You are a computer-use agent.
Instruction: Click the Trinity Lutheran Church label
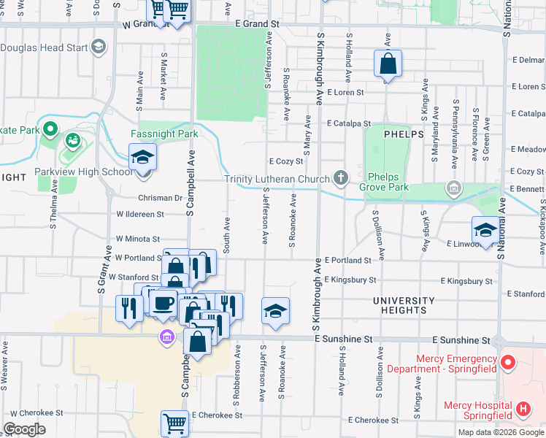tap(277, 179)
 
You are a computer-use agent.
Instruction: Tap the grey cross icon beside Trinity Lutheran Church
tap(340, 177)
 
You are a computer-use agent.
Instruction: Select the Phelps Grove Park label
tap(395, 181)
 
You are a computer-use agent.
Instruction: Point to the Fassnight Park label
tap(164, 134)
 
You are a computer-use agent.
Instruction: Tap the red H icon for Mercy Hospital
tap(522, 410)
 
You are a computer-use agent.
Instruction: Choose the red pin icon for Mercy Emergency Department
tap(510, 362)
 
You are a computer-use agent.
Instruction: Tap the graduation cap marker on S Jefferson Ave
tap(275, 311)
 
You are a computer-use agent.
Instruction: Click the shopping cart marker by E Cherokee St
tap(174, 423)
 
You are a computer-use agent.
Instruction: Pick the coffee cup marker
tap(164, 303)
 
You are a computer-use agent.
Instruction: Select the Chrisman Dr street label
tap(158, 198)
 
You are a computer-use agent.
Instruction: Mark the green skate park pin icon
tap(50, 130)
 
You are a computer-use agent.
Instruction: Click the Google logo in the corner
tap(25, 429)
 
